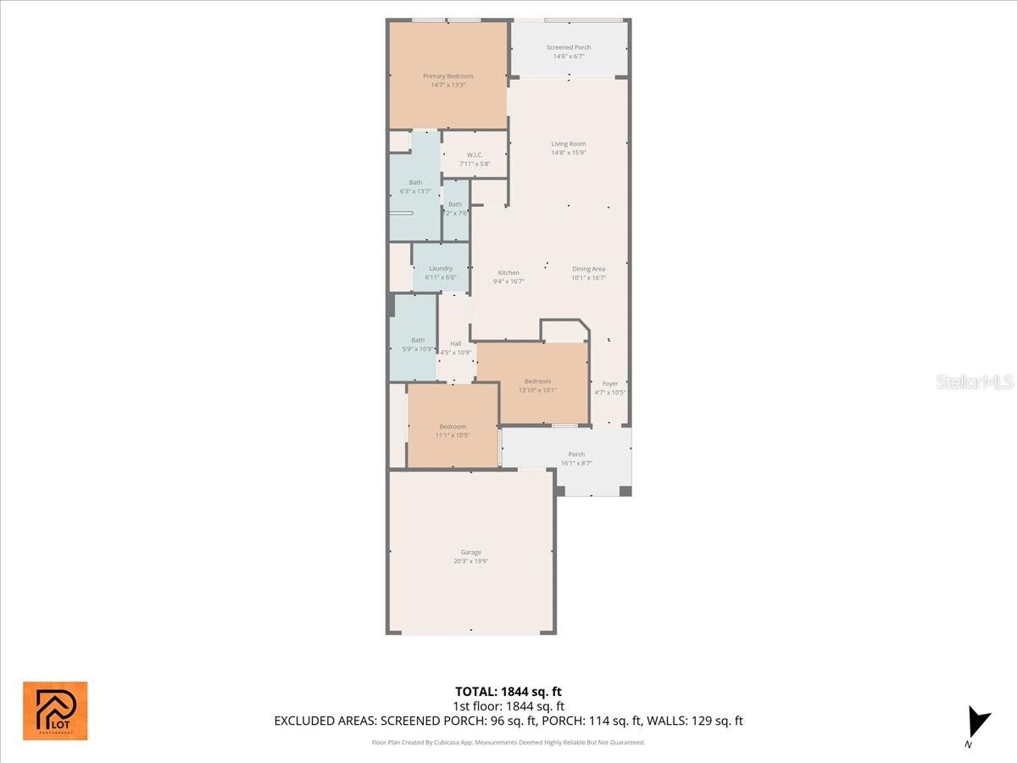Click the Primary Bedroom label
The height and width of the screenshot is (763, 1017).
448,76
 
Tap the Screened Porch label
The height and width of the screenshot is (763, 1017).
569,47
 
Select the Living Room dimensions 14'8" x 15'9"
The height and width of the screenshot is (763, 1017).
569,153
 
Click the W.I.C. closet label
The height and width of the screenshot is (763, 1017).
475,154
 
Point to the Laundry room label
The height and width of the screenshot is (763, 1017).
441,269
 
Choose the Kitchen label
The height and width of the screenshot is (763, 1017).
508,273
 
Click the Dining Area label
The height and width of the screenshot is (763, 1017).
588,269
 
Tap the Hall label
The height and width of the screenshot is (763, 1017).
456,343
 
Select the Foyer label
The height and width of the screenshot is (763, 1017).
610,383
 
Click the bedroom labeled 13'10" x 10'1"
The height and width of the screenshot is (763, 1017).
537,381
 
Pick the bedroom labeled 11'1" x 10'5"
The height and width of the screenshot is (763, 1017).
453,426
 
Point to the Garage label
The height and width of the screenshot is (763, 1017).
471,553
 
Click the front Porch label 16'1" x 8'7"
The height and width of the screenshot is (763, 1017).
576,454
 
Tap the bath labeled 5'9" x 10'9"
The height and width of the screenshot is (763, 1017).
418,340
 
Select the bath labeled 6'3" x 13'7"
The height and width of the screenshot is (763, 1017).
415,182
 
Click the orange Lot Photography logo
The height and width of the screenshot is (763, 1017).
55,710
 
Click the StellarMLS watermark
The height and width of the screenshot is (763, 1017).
975,382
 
